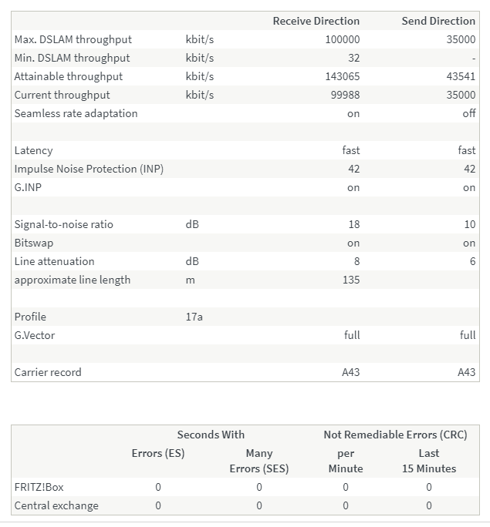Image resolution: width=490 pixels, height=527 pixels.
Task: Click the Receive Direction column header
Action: [316, 21]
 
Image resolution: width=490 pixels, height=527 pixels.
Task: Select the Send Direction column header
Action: [438, 21]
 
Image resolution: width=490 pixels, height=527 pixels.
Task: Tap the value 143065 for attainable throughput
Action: [340, 76]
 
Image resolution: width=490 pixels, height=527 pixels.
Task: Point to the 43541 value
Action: [461, 76]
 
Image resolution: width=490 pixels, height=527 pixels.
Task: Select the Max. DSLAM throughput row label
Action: [73, 39]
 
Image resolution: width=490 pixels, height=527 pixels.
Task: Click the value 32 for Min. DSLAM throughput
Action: [353, 58]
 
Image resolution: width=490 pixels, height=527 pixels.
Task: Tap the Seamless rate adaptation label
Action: [76, 113]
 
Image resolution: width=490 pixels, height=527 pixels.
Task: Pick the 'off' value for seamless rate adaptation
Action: [468, 113]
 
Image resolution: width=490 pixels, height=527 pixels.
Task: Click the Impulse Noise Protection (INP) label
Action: [89, 169]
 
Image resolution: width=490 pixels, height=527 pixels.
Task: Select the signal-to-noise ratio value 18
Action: [353, 224]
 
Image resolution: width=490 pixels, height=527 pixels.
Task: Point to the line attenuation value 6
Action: [472, 261]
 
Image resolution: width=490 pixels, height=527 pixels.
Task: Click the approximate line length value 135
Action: [351, 280]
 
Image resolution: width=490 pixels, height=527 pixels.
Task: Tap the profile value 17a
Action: [194, 317]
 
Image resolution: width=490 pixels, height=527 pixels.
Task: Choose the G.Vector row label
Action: [35, 335]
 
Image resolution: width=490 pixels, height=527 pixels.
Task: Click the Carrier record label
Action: [48, 372]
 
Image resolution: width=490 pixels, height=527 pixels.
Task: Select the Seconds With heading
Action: [211, 435]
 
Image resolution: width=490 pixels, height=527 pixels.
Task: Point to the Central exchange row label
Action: [56, 505]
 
